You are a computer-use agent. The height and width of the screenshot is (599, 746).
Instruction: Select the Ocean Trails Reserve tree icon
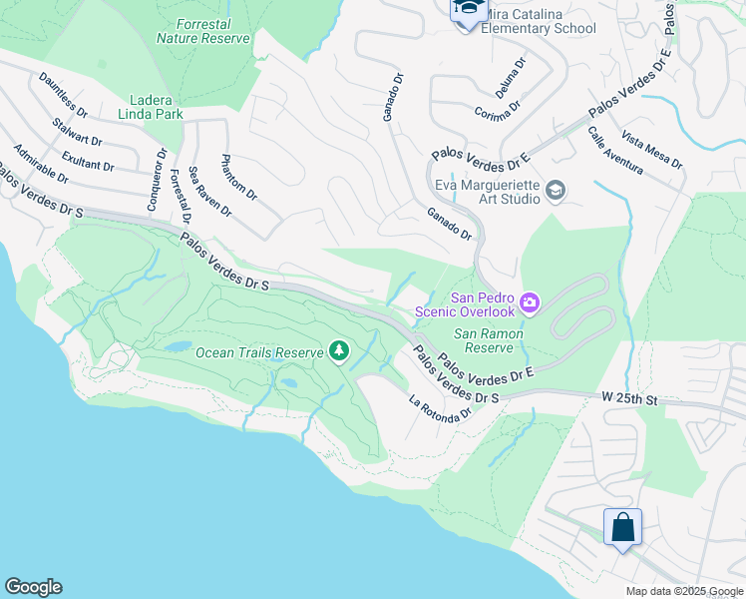click(x=340, y=351)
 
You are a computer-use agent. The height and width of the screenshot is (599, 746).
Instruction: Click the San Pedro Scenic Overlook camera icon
click(x=530, y=301)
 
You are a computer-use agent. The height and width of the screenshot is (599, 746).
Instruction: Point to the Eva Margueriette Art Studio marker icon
click(x=556, y=190)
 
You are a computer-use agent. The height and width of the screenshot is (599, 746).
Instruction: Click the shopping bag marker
click(x=622, y=526)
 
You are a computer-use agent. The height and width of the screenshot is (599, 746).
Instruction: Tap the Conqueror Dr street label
click(x=155, y=178)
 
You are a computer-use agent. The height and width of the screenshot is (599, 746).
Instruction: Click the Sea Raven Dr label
click(x=209, y=192)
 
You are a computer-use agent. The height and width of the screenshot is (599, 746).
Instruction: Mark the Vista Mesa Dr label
click(x=651, y=150)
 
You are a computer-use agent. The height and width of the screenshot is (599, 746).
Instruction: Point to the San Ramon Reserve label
click(x=484, y=340)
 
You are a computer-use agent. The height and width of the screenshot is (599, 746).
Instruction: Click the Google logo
click(x=33, y=587)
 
